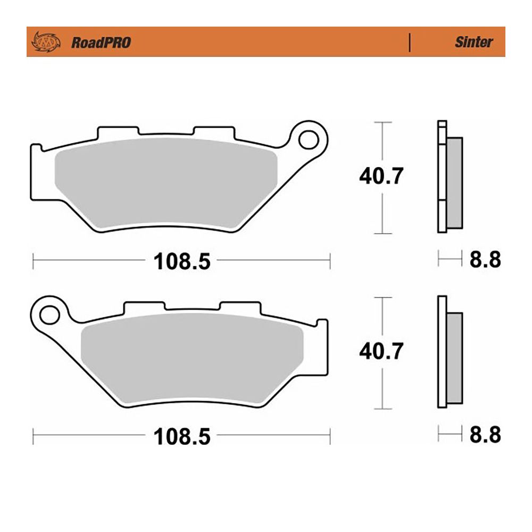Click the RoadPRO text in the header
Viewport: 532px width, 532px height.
click(101, 43)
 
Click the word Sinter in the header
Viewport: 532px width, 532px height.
click(473, 43)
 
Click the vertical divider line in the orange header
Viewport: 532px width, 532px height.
click(410, 43)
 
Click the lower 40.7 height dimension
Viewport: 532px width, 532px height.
click(381, 351)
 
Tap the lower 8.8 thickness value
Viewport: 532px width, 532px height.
click(485, 435)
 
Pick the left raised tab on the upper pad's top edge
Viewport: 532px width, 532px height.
click(118, 131)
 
